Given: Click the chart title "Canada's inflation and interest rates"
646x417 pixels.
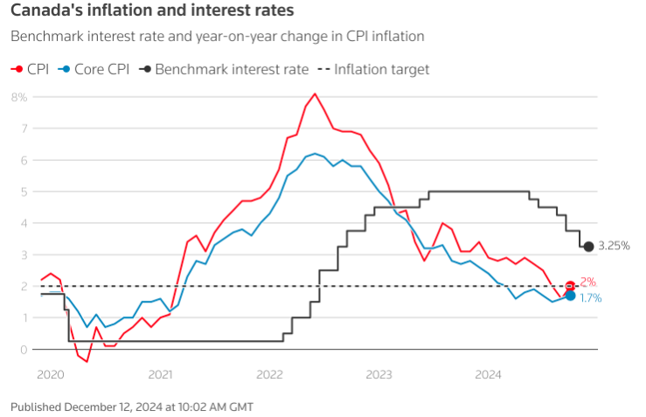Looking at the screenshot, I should pos(152,11).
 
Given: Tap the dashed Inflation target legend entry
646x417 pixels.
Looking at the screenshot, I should pos(373,68).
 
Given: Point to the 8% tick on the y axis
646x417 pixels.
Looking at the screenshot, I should pos(19,96).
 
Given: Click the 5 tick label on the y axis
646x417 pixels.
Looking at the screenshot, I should pos(24,191).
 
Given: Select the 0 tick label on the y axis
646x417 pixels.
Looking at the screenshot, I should pos(24,349).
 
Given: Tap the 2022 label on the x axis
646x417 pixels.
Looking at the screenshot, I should pos(269,374).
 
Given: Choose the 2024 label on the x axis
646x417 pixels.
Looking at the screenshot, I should pos(488,374).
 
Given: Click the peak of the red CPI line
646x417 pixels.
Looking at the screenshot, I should pos(315,94).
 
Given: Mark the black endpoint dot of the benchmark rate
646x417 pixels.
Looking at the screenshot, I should pos(588,247).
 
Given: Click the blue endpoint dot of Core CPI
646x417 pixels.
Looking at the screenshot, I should pos(571,295).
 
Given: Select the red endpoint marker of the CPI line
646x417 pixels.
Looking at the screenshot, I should pos(571,286).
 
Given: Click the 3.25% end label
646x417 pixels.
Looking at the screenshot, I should pos(614,247).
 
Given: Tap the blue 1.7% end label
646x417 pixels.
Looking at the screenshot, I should pos(590,298).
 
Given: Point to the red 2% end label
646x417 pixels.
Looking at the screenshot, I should pos(587,282).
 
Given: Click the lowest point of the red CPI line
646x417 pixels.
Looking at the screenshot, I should pos(87,361).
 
